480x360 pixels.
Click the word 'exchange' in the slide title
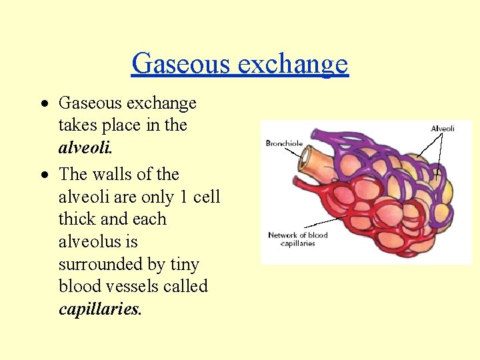tap(293, 64)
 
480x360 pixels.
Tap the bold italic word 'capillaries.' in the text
tap(101, 309)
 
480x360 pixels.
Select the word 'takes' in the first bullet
tap(77, 125)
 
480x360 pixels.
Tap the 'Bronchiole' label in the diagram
tap(285, 143)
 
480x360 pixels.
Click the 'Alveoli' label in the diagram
tap(442, 128)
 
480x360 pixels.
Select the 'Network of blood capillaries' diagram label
tap(298, 239)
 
